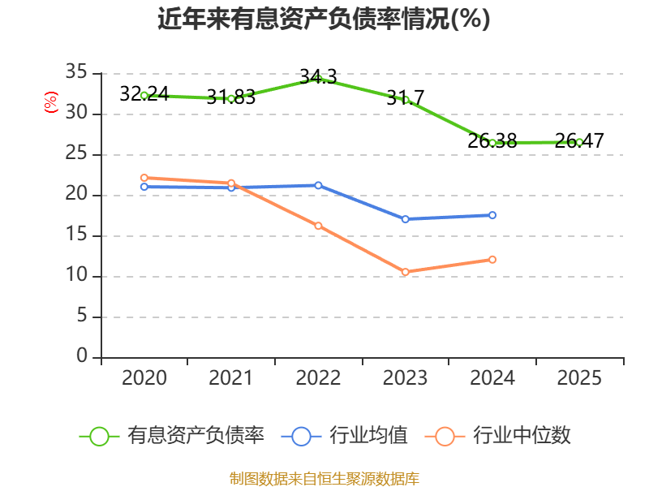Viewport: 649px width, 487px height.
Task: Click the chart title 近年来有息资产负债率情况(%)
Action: click(x=324, y=19)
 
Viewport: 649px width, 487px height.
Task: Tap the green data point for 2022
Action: click(x=318, y=79)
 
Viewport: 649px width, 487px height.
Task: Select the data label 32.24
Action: click(x=144, y=93)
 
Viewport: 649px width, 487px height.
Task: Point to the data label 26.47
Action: click(x=579, y=140)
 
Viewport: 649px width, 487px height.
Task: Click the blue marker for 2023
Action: click(x=405, y=219)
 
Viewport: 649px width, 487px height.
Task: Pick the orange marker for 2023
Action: click(x=405, y=272)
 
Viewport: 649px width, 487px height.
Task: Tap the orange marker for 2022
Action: click(x=318, y=226)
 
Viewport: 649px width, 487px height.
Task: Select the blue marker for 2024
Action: click(x=492, y=215)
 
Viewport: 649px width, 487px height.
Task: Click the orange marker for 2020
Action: click(x=144, y=178)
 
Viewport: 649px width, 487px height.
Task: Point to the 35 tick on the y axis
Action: click(x=76, y=72)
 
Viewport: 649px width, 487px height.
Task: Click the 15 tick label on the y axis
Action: click(x=76, y=235)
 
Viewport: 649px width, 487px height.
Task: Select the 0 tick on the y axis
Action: click(x=82, y=356)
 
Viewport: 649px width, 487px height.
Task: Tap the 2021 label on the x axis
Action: click(x=231, y=377)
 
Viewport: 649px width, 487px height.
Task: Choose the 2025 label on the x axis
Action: click(x=579, y=377)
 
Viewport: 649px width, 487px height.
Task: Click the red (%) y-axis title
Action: click(x=51, y=102)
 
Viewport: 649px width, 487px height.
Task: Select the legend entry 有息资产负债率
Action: click(x=171, y=436)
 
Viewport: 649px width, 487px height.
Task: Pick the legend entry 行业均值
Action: click(x=344, y=436)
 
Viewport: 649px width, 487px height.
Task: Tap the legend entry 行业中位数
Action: click(x=497, y=436)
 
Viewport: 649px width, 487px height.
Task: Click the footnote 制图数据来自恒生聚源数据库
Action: click(x=324, y=479)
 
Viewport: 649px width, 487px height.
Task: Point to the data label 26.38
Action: click(x=492, y=140)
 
